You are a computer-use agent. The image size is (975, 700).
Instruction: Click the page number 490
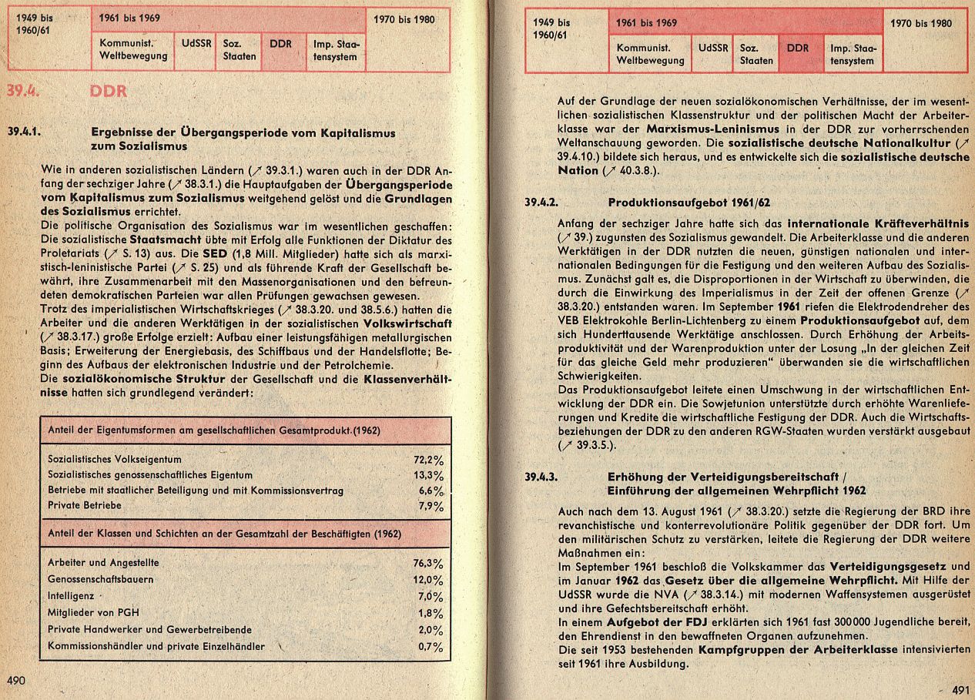click(x=16, y=680)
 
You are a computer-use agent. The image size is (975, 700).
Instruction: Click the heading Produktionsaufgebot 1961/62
click(x=678, y=203)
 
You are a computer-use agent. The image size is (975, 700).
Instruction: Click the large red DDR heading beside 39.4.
click(x=109, y=92)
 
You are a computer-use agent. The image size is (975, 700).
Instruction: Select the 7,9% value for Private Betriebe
click(x=430, y=506)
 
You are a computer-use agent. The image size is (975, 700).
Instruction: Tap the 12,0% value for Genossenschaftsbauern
click(x=428, y=580)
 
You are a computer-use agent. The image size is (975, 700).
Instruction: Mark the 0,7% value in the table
click(x=430, y=646)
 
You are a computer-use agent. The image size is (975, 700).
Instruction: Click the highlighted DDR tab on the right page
click(x=799, y=48)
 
